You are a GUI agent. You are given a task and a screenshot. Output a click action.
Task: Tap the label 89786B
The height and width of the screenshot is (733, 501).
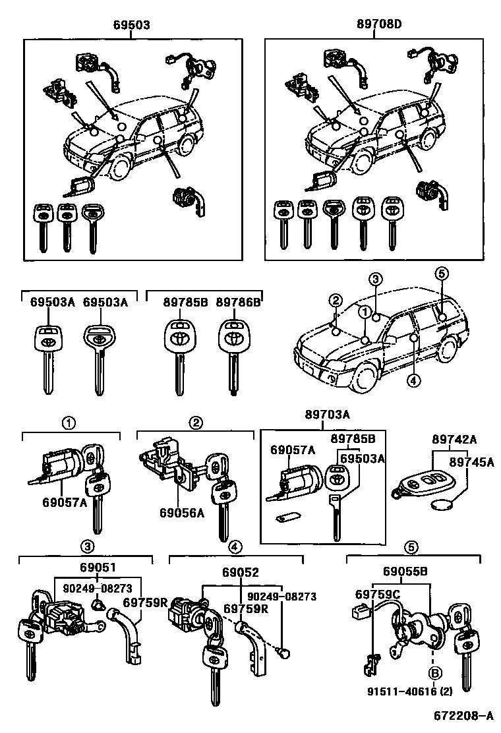(239, 303)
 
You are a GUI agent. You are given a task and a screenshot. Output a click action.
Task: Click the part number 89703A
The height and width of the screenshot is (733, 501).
(327, 415)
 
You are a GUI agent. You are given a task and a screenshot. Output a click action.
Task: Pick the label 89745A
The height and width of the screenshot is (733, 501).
(473, 462)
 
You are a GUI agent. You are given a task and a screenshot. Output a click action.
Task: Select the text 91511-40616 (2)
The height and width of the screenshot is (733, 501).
(403, 692)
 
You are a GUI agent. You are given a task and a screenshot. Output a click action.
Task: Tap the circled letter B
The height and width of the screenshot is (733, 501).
(434, 673)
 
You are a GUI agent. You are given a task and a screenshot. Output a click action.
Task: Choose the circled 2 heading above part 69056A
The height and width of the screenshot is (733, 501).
(195, 421)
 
